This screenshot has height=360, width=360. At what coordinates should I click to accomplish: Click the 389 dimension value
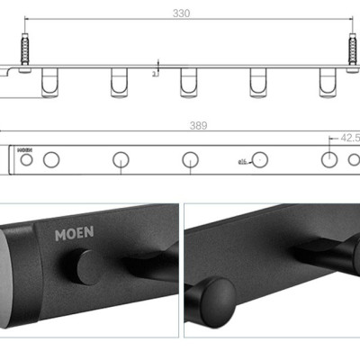point(184,130)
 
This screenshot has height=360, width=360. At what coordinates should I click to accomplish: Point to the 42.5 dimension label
point(345,139)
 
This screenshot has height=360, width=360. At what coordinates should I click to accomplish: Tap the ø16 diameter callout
point(243,163)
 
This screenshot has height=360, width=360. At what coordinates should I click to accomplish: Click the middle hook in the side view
point(187,83)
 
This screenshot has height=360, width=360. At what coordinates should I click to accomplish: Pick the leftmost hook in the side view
point(48,83)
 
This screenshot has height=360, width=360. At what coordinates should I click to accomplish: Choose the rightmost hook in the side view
point(326,83)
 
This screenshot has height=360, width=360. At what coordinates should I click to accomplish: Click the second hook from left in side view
point(118,83)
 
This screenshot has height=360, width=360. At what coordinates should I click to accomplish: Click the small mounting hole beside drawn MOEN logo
point(27,160)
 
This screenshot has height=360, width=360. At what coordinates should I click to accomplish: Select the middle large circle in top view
point(190,160)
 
